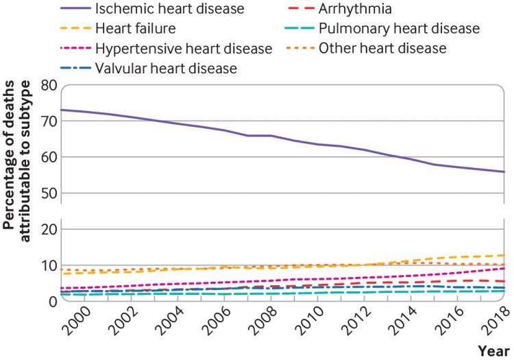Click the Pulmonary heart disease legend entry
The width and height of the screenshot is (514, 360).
pos(398,29)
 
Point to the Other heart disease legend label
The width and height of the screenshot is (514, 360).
pos(382,49)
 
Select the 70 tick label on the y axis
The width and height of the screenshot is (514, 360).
pos(47,121)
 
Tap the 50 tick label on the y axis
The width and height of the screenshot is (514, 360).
pos(47,193)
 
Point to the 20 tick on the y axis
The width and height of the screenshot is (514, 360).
pos(47,230)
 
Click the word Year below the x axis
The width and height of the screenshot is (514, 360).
pos(493,351)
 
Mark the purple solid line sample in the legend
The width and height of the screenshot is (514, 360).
pos(81,10)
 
